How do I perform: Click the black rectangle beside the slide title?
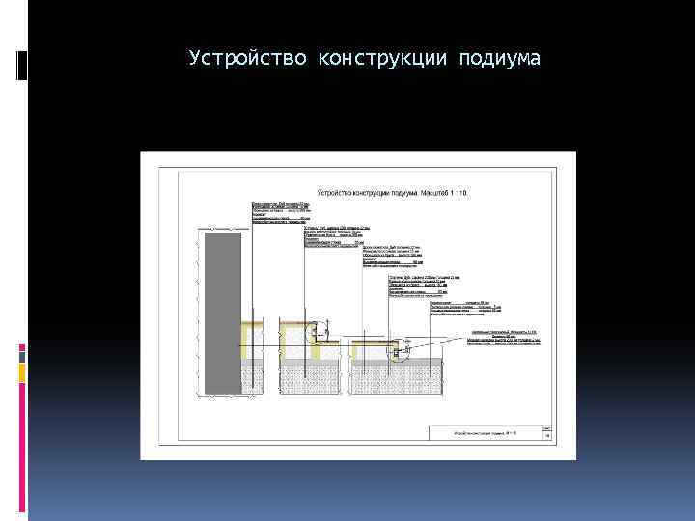[x=22, y=66]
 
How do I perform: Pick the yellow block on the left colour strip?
[x=22, y=371]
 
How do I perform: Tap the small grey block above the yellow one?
[x=22, y=352]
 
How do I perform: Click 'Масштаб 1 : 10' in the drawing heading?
[x=443, y=194]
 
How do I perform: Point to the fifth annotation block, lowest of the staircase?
[x=463, y=308]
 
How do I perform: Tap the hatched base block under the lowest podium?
[x=395, y=377]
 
